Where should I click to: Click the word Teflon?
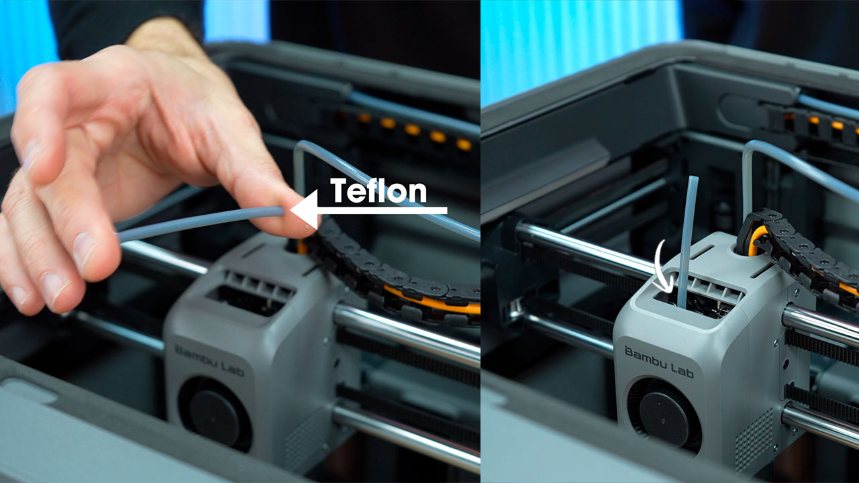(x=378, y=191)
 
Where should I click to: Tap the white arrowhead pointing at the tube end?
(x=304, y=209)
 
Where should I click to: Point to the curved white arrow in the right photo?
(x=664, y=268)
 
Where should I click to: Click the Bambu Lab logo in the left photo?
(x=209, y=361)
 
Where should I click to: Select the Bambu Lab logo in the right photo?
(x=659, y=362)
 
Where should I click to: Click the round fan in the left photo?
(x=215, y=413)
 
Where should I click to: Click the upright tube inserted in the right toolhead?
(x=687, y=242)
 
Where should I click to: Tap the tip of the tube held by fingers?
(x=283, y=211)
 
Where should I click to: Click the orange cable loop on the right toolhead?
(x=755, y=239)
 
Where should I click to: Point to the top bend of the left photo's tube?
(x=303, y=146)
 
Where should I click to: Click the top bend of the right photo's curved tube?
(x=752, y=145)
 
